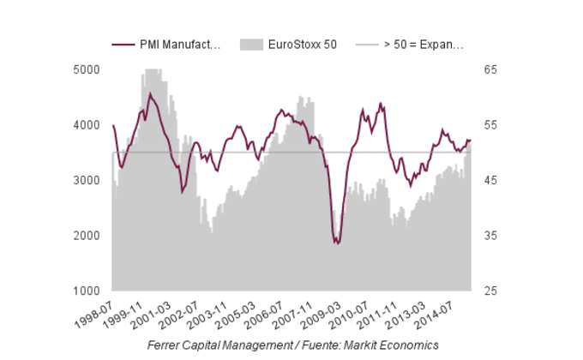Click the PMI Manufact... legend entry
[x=179, y=45]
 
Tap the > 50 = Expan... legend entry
[x=424, y=45]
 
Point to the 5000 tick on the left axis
[x=88, y=69]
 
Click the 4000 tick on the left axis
[x=88, y=125]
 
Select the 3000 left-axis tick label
[x=88, y=180]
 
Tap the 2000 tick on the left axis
[x=88, y=236]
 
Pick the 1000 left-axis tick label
[x=88, y=291]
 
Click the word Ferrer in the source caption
[x=164, y=344]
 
